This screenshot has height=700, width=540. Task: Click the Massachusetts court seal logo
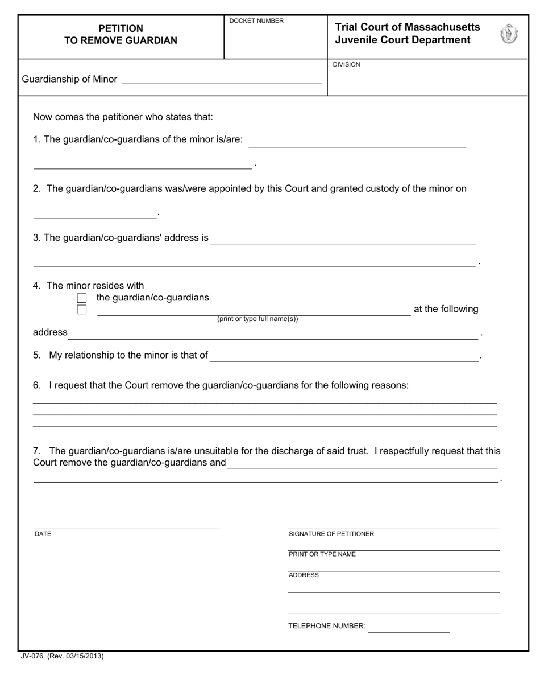(x=509, y=35)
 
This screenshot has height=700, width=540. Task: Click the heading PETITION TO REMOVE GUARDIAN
(x=121, y=35)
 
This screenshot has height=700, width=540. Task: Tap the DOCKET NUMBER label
(x=256, y=21)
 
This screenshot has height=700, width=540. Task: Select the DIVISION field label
(x=346, y=65)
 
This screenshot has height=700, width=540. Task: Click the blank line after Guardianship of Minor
(x=221, y=80)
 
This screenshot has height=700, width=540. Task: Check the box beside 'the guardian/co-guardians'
(x=82, y=298)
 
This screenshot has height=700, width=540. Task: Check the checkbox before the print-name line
(x=82, y=310)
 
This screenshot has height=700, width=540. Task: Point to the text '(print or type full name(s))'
(x=257, y=319)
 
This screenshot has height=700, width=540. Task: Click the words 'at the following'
(x=446, y=309)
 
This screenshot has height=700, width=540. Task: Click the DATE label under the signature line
(x=43, y=534)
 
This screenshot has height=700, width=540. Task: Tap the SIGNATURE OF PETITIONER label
(x=331, y=534)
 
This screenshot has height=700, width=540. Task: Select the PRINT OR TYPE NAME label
(x=322, y=554)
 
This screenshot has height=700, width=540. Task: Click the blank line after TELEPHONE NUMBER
(x=409, y=627)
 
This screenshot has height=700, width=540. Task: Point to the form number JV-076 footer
(x=63, y=656)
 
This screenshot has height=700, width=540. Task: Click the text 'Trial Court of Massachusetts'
(x=408, y=27)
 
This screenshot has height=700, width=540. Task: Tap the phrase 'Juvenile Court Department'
(x=402, y=40)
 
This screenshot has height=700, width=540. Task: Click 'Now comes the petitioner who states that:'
(x=123, y=117)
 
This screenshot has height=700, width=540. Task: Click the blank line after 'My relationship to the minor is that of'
(x=344, y=356)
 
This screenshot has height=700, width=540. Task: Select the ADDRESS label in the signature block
(x=304, y=575)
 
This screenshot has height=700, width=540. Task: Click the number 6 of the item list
(x=36, y=385)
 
